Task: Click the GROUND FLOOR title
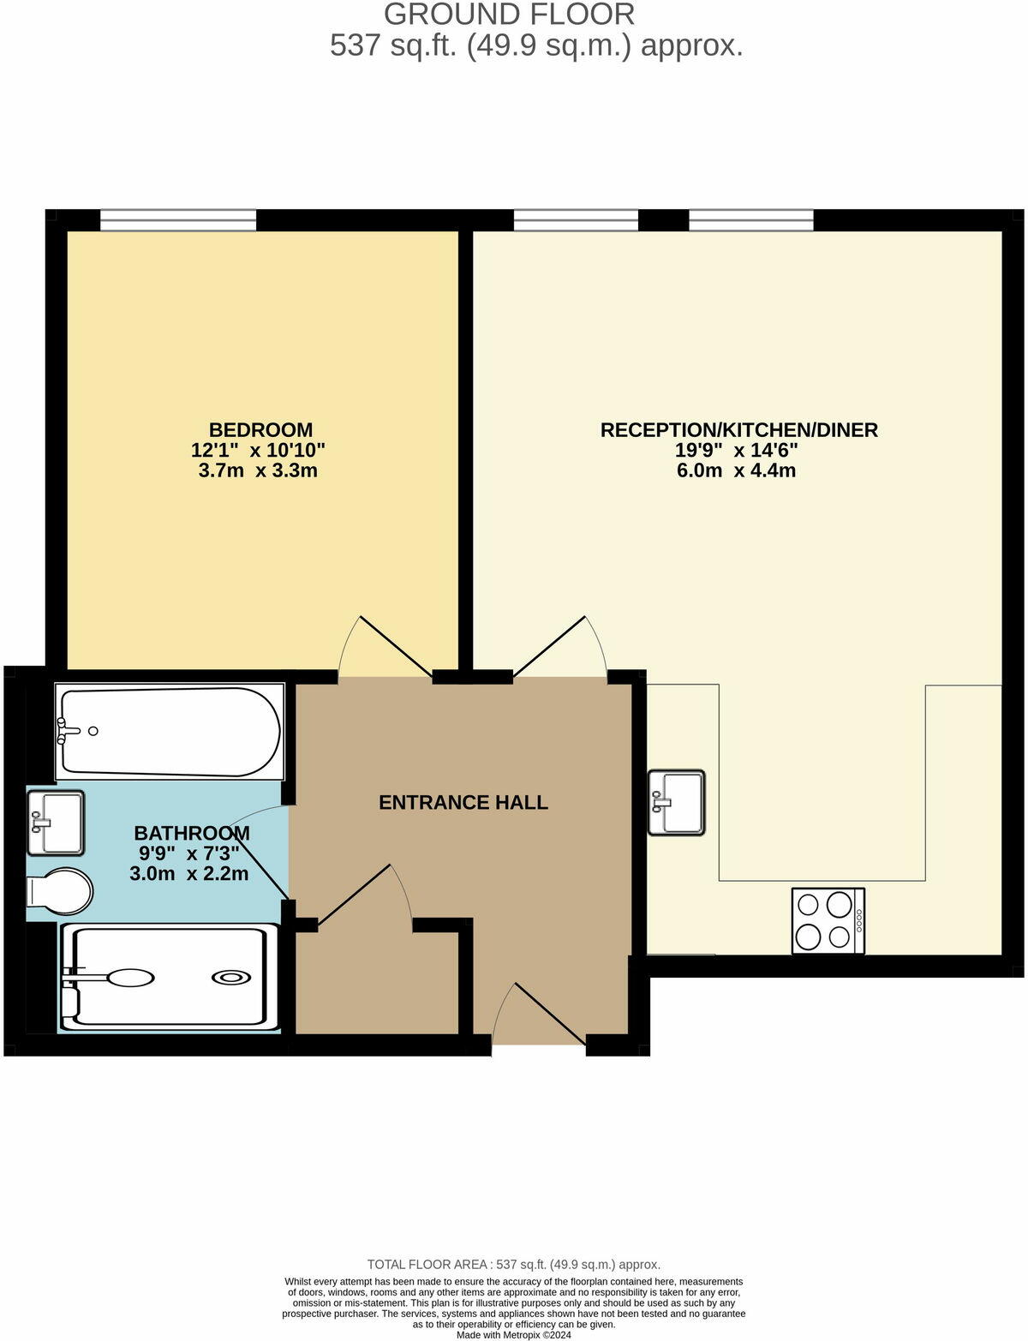[509, 15]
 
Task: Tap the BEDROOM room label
[260, 430]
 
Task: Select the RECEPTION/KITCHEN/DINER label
[738, 430]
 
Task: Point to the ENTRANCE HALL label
[463, 803]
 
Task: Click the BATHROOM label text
[192, 833]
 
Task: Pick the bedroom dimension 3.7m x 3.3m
[258, 470]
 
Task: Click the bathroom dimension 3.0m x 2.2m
[189, 874]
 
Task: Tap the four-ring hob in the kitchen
[828, 921]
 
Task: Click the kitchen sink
[676, 802]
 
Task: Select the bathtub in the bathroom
[170, 731]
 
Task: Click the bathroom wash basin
[56, 823]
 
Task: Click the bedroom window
[178, 221]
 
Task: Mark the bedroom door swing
[385, 649]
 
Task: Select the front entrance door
[540, 1015]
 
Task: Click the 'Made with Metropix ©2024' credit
[514, 1335]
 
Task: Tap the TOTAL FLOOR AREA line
[514, 1264]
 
